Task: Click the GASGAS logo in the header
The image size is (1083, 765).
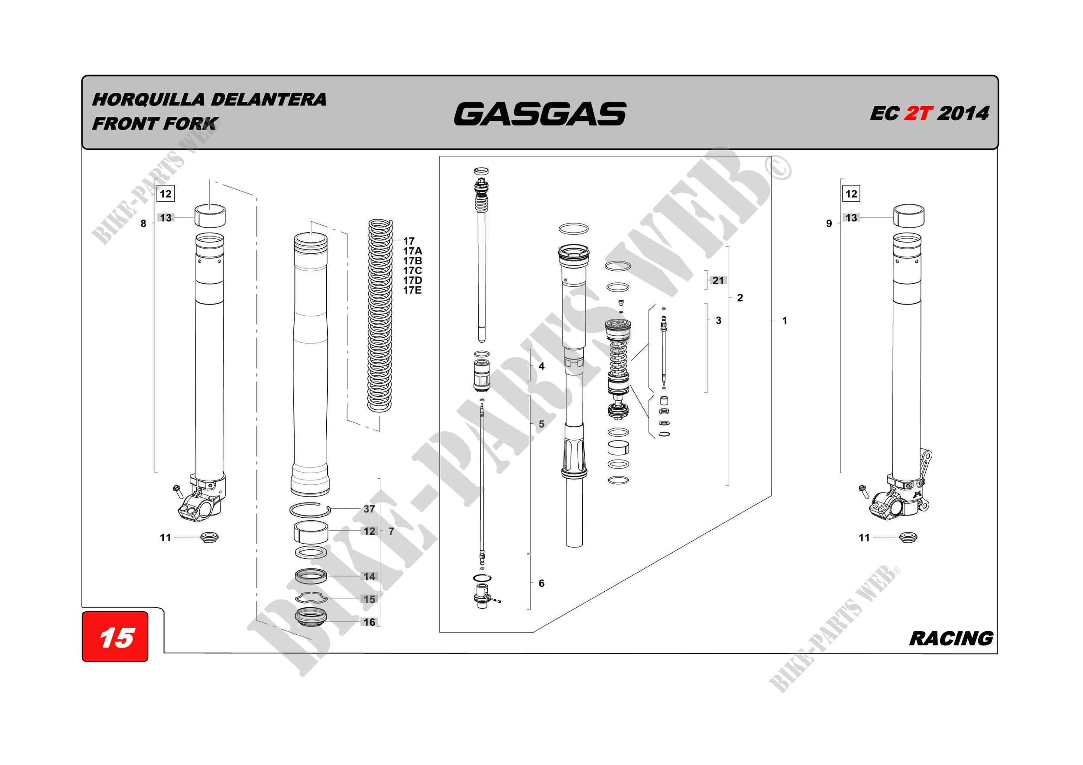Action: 540,114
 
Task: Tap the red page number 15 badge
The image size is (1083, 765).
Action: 116,638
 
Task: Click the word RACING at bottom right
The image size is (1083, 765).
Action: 951,639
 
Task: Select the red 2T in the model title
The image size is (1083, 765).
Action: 918,113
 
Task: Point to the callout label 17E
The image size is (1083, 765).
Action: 412,291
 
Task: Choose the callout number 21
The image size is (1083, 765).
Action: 718,281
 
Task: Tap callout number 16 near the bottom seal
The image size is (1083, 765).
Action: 370,622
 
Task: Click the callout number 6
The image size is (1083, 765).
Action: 541,583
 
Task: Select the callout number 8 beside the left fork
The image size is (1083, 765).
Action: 143,224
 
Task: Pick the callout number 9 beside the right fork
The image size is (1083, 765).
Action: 829,224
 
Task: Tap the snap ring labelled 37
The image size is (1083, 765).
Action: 309,510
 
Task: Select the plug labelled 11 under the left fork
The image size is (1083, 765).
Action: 209,537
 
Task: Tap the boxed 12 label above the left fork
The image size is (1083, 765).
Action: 165,194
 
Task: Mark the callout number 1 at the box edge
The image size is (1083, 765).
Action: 785,321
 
